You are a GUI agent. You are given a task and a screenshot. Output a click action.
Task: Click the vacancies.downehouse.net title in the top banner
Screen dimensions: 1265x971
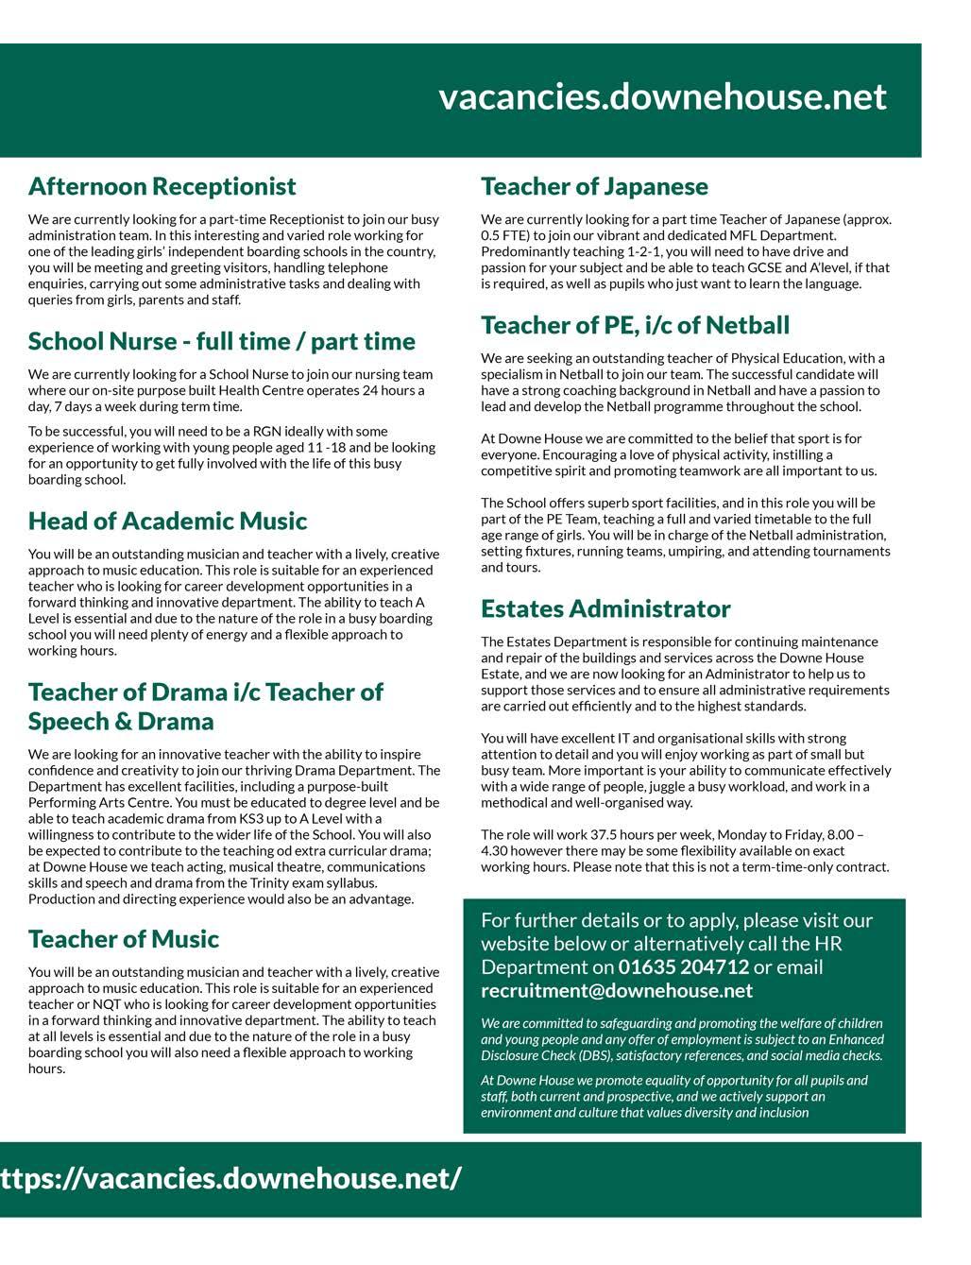click(662, 97)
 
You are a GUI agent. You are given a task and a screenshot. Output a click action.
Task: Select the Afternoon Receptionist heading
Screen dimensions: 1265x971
click(162, 186)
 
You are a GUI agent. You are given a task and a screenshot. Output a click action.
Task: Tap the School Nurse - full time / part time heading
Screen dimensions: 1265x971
click(221, 341)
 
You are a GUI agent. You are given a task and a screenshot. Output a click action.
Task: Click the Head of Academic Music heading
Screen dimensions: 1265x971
click(167, 521)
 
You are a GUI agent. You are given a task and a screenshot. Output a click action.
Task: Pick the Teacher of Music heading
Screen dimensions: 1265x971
click(123, 939)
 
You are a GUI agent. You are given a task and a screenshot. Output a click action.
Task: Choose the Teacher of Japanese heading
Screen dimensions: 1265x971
click(594, 186)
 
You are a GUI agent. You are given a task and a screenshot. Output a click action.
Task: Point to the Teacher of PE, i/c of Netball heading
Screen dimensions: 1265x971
click(635, 325)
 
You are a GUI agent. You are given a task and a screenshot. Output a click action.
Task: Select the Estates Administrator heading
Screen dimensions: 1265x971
click(605, 608)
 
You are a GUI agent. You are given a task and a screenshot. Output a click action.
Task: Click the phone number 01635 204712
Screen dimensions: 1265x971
click(684, 967)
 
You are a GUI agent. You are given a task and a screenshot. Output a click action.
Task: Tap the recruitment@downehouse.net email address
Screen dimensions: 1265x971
click(617, 991)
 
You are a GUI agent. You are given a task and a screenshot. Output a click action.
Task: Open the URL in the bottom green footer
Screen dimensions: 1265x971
click(230, 1179)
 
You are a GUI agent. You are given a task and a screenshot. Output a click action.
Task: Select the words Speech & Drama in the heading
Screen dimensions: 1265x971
click(121, 722)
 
